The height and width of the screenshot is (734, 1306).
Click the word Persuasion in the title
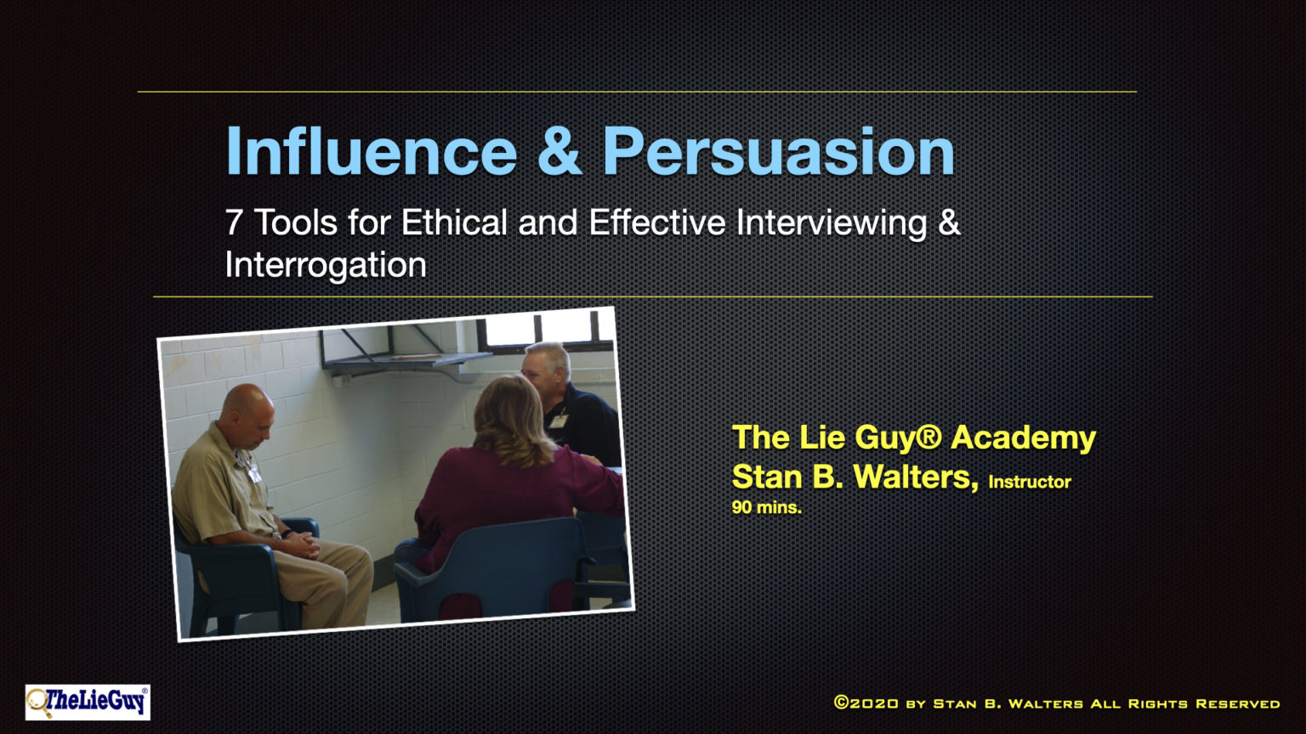click(778, 153)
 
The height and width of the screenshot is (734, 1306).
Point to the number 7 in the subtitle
click(234, 223)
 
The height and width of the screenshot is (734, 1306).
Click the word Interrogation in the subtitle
click(326, 265)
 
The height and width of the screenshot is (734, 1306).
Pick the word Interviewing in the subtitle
click(832, 223)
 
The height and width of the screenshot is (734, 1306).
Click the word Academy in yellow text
click(1023, 438)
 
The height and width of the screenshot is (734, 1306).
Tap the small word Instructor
click(1029, 482)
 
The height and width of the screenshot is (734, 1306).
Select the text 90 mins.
click(766, 507)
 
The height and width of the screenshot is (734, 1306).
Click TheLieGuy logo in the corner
click(88, 702)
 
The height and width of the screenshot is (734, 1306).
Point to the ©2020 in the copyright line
click(866, 703)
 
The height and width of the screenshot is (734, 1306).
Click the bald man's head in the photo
click(247, 411)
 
